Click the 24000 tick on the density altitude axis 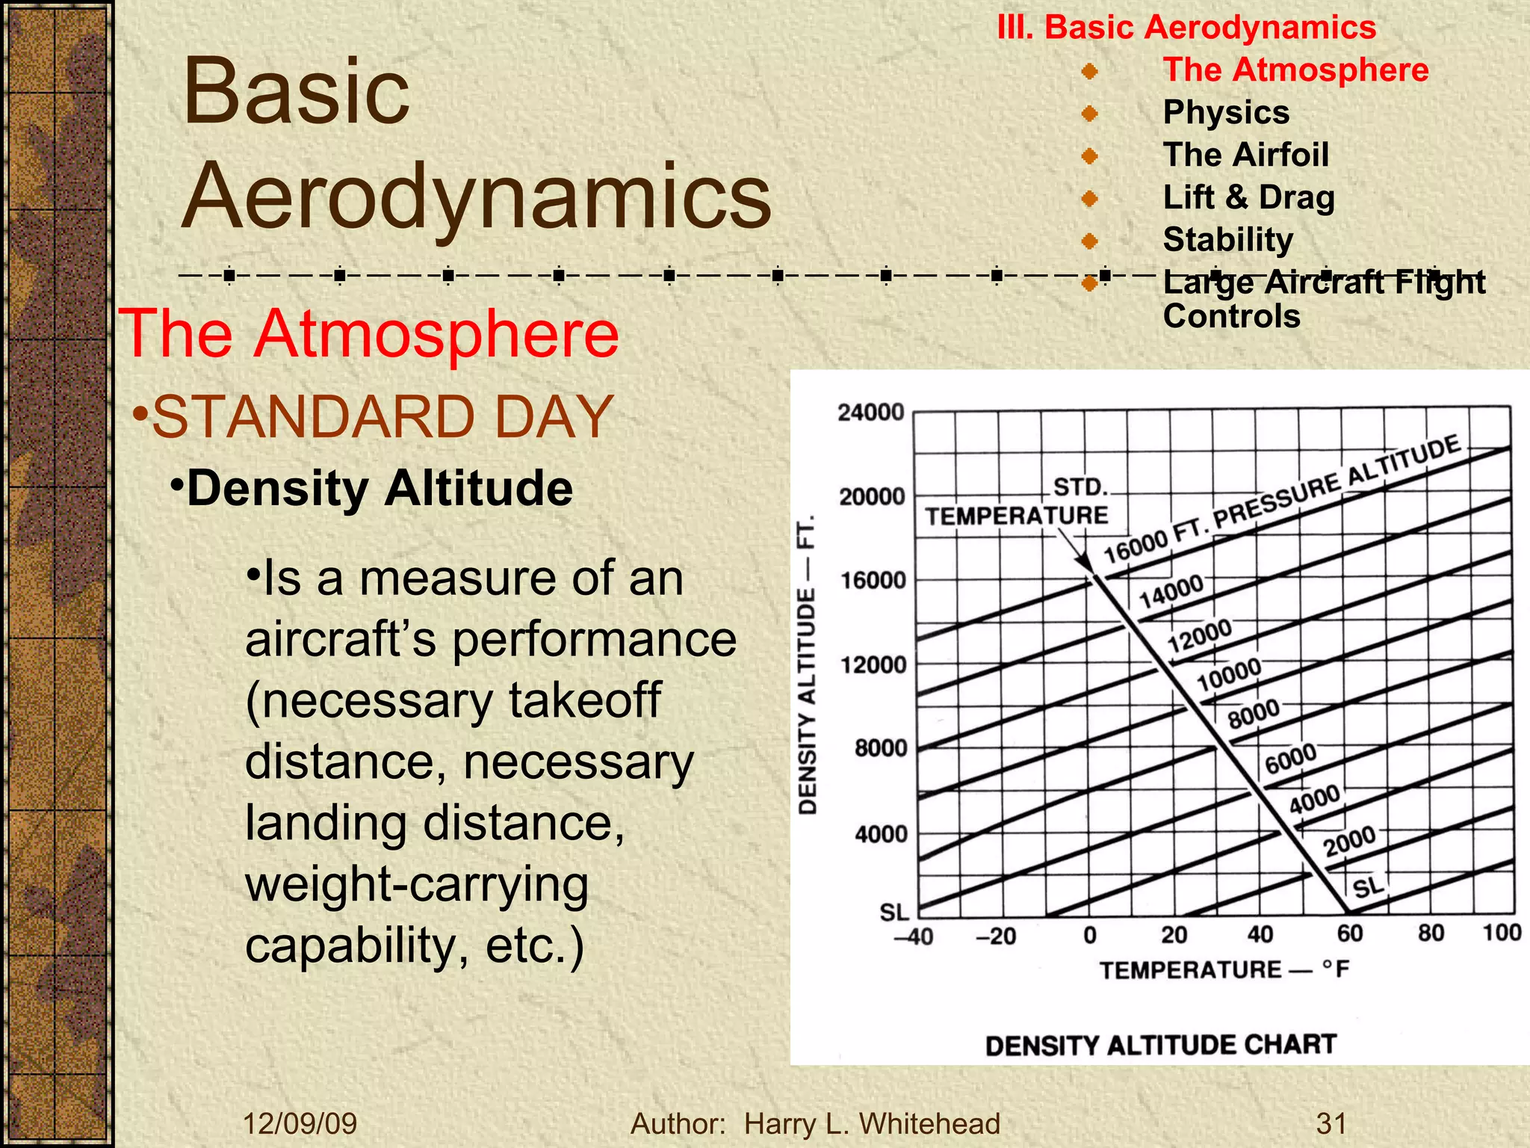click(x=870, y=413)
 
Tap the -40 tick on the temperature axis click(x=914, y=936)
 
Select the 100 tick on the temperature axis click(x=1502, y=933)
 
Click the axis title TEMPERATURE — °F click(x=1224, y=970)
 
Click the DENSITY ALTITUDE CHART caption click(x=1160, y=1045)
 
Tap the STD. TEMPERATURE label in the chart click(x=1018, y=502)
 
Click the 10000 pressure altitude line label click(x=1229, y=674)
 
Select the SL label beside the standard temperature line click(x=1369, y=887)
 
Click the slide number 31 click(x=1331, y=1123)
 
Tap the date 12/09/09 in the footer click(x=300, y=1123)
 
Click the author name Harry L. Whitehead click(x=872, y=1123)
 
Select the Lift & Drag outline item click(x=1248, y=197)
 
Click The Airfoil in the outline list click(x=1245, y=155)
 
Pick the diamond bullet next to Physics click(x=1090, y=114)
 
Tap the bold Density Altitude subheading click(x=380, y=489)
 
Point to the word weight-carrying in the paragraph click(x=417, y=885)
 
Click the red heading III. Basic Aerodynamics click(x=1186, y=28)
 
